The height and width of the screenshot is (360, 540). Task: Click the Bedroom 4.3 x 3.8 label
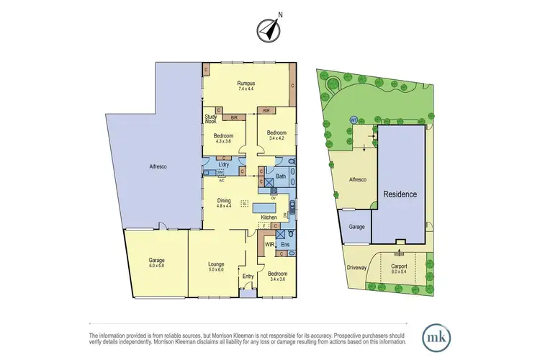pyautogui.click(x=222, y=137)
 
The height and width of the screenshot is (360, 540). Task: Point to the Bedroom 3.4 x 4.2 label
pyautogui.click(x=276, y=135)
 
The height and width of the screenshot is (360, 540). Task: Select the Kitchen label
pyautogui.click(x=269, y=217)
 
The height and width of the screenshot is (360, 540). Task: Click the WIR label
pyautogui.click(x=269, y=245)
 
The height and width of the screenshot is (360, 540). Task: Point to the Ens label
pyautogui.click(x=285, y=245)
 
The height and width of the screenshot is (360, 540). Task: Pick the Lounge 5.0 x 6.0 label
pyautogui.click(x=216, y=266)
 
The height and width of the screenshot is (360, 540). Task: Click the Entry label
pyautogui.click(x=248, y=276)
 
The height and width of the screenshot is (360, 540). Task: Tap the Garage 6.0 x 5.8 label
pyautogui.click(x=156, y=263)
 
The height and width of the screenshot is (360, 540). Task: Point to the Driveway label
pyautogui.click(x=357, y=268)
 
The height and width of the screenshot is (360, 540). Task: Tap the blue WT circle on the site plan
pyautogui.click(x=354, y=120)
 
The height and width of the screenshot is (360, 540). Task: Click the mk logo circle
pyautogui.click(x=436, y=336)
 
